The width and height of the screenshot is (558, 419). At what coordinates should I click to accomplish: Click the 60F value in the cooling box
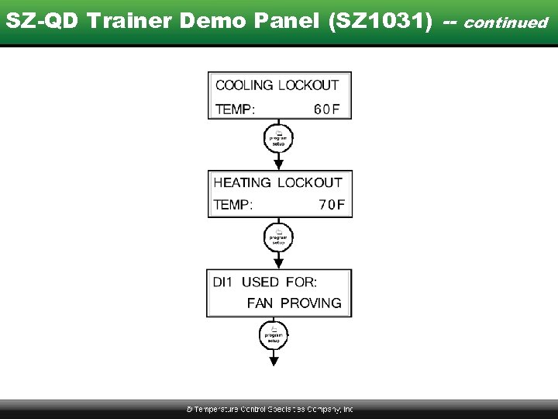coord(326,109)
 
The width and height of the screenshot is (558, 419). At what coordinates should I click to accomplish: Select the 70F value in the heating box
coord(331,205)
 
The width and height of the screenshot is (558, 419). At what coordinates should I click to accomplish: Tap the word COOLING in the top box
coord(244,85)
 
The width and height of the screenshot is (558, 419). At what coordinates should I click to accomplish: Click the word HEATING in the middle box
coord(242,183)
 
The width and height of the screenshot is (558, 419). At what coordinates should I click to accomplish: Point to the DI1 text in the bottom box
coord(222,282)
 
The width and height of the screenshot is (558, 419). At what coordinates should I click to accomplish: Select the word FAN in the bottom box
coord(260,303)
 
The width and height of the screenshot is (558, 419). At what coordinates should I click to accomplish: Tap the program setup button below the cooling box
coord(279,139)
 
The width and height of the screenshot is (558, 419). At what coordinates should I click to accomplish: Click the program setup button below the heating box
coord(279,237)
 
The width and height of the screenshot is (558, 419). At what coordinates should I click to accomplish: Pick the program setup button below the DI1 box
coord(273,336)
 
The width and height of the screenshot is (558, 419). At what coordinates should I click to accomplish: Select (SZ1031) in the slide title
coord(381,21)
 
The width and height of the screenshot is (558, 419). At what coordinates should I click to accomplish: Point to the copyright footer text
coord(270,409)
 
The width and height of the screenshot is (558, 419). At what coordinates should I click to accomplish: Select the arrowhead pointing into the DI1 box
coord(279,263)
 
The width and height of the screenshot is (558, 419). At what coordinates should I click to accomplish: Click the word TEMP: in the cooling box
coord(234,109)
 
